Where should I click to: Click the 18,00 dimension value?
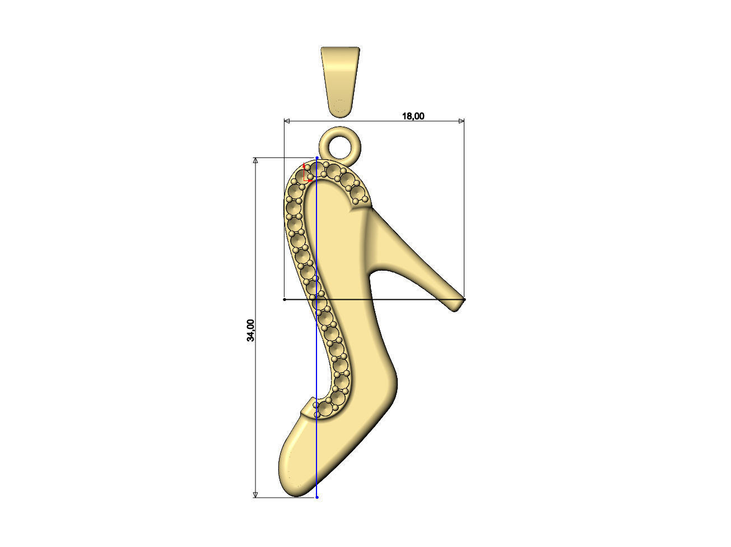pyautogui.click(x=413, y=116)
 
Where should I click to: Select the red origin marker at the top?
pyautogui.click(x=306, y=174)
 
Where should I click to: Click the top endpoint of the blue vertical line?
pyautogui.click(x=317, y=158)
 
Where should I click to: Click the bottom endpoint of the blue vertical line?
pyautogui.click(x=317, y=497)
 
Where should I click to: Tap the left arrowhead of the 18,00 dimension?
pyautogui.click(x=287, y=120)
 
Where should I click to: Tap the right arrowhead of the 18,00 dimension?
pyautogui.click(x=462, y=120)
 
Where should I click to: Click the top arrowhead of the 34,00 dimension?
pyautogui.click(x=256, y=161)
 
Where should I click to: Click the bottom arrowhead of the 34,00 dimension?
pyautogui.click(x=256, y=494)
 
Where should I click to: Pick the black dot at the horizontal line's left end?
pyautogui.click(x=285, y=300)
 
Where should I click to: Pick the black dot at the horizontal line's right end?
pyautogui.click(x=464, y=300)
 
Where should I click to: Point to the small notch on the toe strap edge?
pyautogui.click(x=310, y=399)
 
